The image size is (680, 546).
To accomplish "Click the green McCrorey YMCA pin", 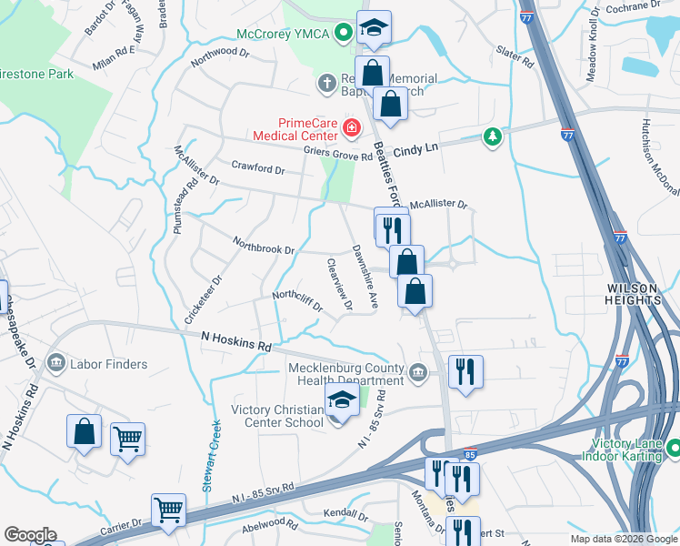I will (x=343, y=35).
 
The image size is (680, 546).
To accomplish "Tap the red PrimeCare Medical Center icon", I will (x=351, y=127).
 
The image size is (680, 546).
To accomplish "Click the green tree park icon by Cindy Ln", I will (x=493, y=137).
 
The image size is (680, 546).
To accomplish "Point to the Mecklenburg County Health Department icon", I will (x=417, y=369).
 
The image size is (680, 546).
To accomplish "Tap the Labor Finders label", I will (x=107, y=364).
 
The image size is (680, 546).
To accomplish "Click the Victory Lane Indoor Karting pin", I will (x=673, y=448).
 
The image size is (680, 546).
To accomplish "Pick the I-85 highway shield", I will (x=469, y=453).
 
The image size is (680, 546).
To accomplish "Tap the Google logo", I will (x=30, y=535).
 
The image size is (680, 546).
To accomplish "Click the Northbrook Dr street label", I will (x=264, y=247).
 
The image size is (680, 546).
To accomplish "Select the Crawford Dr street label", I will (x=257, y=168).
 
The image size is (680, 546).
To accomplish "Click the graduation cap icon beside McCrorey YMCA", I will (x=372, y=29).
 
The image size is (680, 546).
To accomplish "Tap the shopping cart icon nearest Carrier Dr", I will (x=168, y=511).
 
